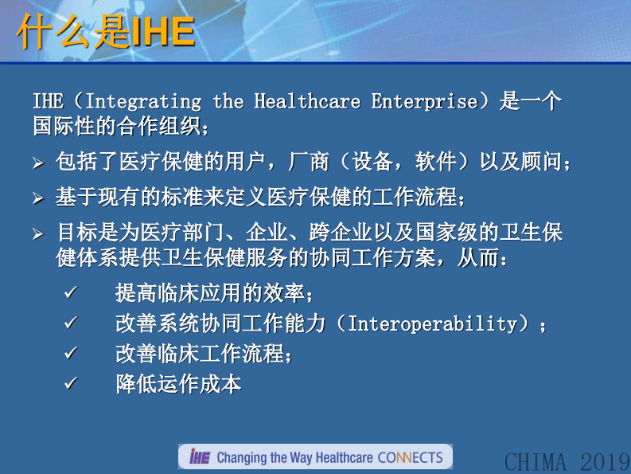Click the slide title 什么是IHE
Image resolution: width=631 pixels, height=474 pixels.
(105, 33)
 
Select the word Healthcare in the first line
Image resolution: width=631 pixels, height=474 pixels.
(306, 102)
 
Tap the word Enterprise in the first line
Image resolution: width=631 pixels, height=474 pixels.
(423, 102)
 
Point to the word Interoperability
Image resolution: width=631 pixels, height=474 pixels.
(433, 324)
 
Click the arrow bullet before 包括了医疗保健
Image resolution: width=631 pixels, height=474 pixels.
(37, 164)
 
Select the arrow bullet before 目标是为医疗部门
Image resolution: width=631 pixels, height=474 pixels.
(37, 234)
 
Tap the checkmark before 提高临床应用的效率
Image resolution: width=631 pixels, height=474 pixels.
(70, 293)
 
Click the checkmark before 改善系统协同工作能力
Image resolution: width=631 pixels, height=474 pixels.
(70, 324)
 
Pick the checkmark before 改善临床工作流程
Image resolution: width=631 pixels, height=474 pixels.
(70, 354)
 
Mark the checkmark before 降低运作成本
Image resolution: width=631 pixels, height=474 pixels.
(70, 384)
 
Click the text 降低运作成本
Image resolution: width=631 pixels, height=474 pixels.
(177, 384)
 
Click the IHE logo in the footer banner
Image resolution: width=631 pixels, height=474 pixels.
(199, 456)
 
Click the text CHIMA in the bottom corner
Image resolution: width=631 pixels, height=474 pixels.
(536, 461)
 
